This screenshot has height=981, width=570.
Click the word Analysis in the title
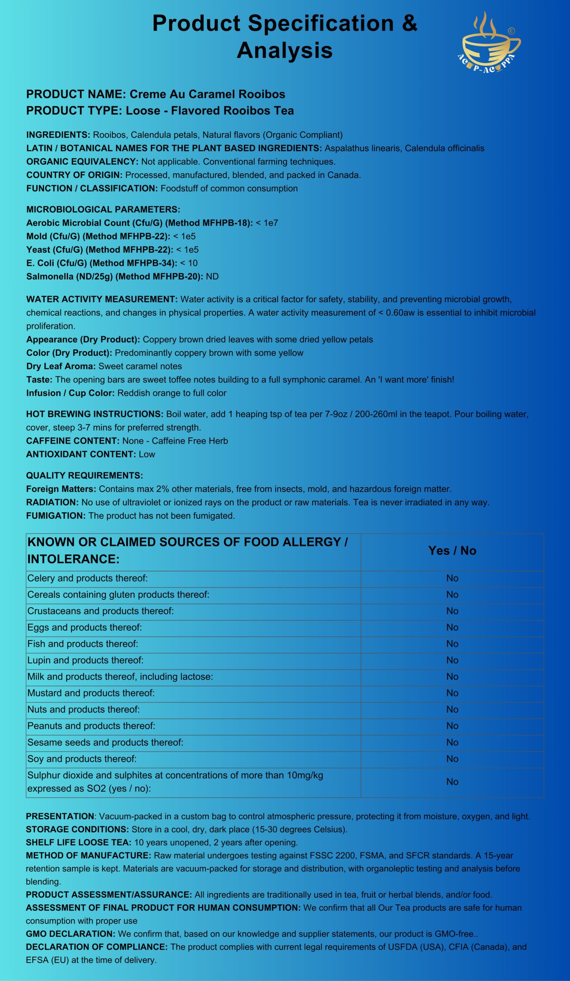click(x=284, y=50)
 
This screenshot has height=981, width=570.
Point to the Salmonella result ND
click(x=213, y=277)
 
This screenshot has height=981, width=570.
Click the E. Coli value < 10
click(x=189, y=263)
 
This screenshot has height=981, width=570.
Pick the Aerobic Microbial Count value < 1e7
click(x=267, y=223)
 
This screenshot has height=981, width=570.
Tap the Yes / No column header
click(x=452, y=550)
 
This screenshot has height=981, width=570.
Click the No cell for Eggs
click(x=452, y=627)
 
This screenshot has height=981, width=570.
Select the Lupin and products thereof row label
click(x=85, y=660)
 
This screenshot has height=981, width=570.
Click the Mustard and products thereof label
click(x=91, y=692)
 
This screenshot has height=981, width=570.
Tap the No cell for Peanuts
click(x=452, y=726)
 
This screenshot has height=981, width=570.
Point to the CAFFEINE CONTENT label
click(x=73, y=441)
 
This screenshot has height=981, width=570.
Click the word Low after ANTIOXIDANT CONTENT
click(x=147, y=454)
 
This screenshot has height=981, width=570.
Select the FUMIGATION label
click(x=56, y=516)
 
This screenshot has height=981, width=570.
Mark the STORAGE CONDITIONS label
click(x=77, y=830)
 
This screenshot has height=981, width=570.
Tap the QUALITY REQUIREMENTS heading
click(x=84, y=475)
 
